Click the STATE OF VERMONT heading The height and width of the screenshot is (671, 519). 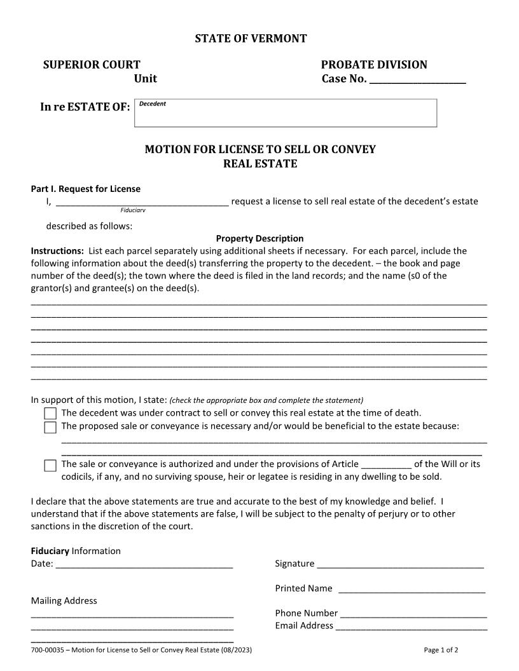click(251, 39)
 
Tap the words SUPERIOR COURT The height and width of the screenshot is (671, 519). click(92, 65)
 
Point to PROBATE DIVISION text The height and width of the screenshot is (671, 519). click(374, 65)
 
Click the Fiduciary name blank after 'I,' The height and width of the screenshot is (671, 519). click(142, 203)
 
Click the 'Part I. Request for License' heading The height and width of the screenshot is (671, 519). click(86, 189)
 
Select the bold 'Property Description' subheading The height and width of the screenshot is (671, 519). click(259, 239)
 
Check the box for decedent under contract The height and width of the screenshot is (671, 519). click(50, 414)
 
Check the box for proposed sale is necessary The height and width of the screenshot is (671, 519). click(50, 427)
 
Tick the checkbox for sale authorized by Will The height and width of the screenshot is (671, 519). click(50, 466)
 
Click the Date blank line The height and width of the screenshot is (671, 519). click(144, 564)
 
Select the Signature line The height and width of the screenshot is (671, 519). click(400, 564)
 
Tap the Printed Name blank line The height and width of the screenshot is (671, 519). click(412, 590)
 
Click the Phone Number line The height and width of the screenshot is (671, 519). click(413, 614)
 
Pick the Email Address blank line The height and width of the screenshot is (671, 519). click(411, 627)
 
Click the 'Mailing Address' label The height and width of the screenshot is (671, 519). click(64, 600)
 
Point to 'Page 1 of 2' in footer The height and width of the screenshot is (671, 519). click(441, 650)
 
